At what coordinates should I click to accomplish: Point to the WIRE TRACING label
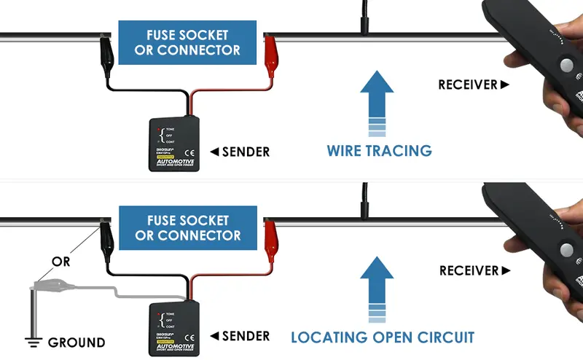[379, 151]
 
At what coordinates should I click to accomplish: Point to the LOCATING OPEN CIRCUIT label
[383, 337]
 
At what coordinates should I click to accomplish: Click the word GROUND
[77, 343]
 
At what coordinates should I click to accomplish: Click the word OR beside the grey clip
[60, 260]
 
